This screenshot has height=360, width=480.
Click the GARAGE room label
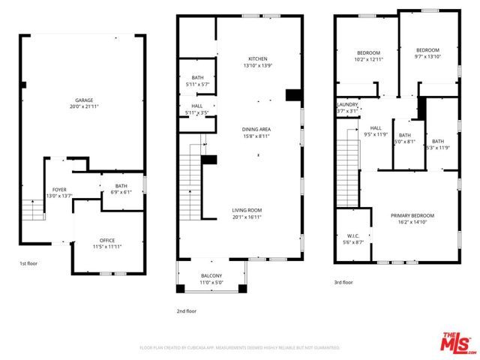click(83, 100)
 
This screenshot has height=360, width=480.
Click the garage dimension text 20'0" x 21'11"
click(83, 106)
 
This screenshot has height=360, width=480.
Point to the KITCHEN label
click(257, 58)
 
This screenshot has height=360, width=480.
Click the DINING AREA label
click(256, 130)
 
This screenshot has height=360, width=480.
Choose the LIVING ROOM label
click(247, 211)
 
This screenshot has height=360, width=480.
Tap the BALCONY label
click(211, 276)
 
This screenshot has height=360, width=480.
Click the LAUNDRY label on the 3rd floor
click(346, 104)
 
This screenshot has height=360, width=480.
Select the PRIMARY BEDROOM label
click(412, 215)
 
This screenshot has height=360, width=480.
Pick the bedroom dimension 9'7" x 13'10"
click(427, 56)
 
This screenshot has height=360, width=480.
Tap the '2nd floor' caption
click(186, 310)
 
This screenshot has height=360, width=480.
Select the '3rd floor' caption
click(342, 282)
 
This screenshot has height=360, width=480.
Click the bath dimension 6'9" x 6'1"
click(121, 192)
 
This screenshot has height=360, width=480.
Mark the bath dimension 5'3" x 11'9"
click(438, 147)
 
